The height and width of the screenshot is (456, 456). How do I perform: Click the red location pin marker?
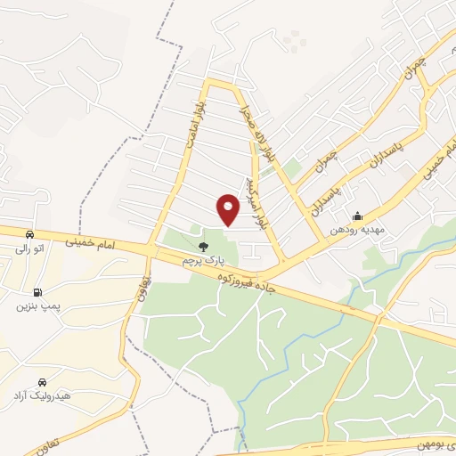230,210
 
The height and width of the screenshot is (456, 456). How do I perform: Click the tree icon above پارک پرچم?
204,246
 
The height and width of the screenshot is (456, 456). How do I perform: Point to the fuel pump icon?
37,291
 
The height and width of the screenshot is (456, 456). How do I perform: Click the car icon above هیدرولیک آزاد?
41,381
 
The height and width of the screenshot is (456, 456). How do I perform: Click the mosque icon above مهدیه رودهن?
357,216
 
